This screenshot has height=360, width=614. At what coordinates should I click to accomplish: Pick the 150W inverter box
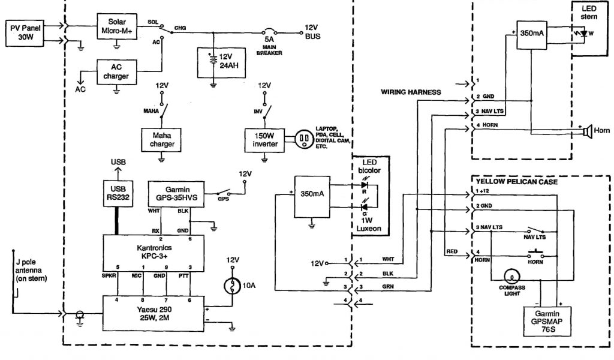264,139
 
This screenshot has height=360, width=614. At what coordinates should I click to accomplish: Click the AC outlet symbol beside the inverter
303,139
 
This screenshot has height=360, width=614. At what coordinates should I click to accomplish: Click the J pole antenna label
30,271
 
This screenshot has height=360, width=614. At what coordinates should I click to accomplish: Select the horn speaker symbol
588,130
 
